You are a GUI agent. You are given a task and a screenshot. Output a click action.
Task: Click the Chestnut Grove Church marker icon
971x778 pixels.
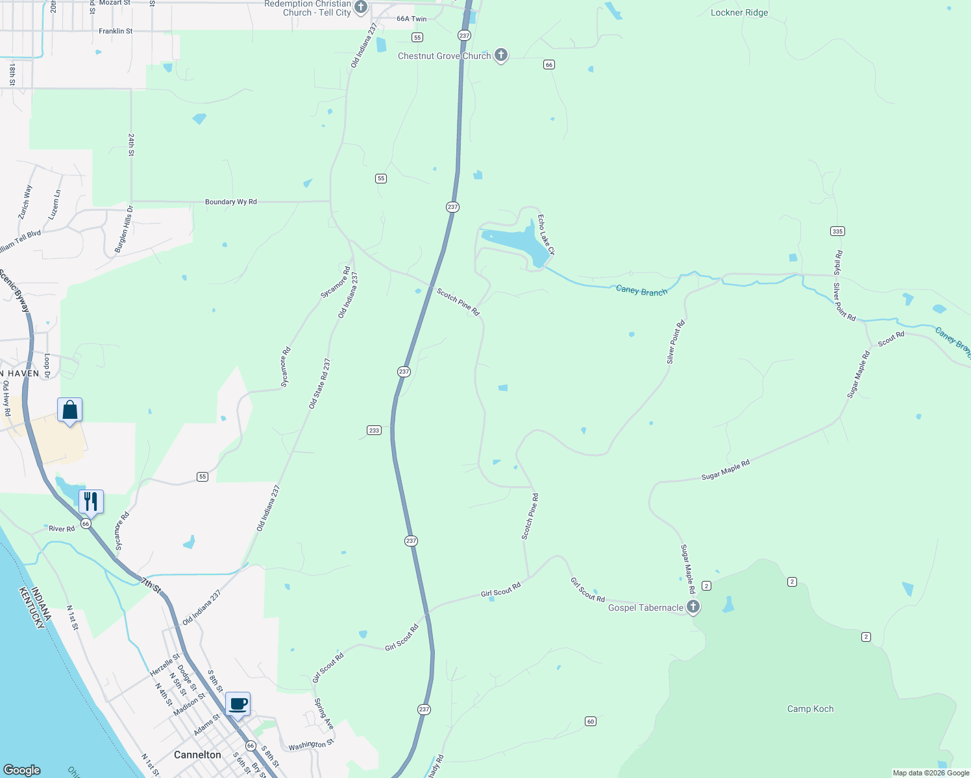click(500, 55)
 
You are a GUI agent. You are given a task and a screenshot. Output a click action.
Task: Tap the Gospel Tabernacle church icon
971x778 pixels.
click(693, 607)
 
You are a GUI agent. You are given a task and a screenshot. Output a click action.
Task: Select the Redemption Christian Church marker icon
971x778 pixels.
click(361, 7)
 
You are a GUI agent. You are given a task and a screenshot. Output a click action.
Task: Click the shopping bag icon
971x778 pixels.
click(70, 410)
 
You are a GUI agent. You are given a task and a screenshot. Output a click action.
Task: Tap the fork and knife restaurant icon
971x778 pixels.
click(91, 501)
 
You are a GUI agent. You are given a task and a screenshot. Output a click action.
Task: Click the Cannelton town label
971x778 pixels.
click(197, 755)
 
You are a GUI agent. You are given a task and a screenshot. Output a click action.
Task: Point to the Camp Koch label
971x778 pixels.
click(810, 709)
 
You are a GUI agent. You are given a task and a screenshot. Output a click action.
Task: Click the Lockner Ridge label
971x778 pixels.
click(739, 12)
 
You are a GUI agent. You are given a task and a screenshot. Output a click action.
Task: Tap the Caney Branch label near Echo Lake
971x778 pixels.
click(641, 291)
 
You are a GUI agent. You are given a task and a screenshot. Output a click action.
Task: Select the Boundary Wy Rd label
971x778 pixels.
click(231, 202)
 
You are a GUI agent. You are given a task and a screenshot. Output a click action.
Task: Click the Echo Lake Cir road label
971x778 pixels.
click(546, 235)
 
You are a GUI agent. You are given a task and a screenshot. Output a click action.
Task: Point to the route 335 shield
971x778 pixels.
click(837, 231)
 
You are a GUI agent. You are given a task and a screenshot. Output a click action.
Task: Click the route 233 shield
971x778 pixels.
click(374, 430)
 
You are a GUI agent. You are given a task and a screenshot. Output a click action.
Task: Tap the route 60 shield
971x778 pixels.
click(590, 721)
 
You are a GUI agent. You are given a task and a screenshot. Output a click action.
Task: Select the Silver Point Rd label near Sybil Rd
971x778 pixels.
click(844, 302)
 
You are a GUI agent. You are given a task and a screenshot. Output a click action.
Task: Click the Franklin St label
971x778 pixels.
click(116, 31)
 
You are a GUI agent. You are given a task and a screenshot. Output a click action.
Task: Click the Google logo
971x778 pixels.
click(22, 770)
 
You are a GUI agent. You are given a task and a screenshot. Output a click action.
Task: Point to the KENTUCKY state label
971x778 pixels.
click(32, 607)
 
